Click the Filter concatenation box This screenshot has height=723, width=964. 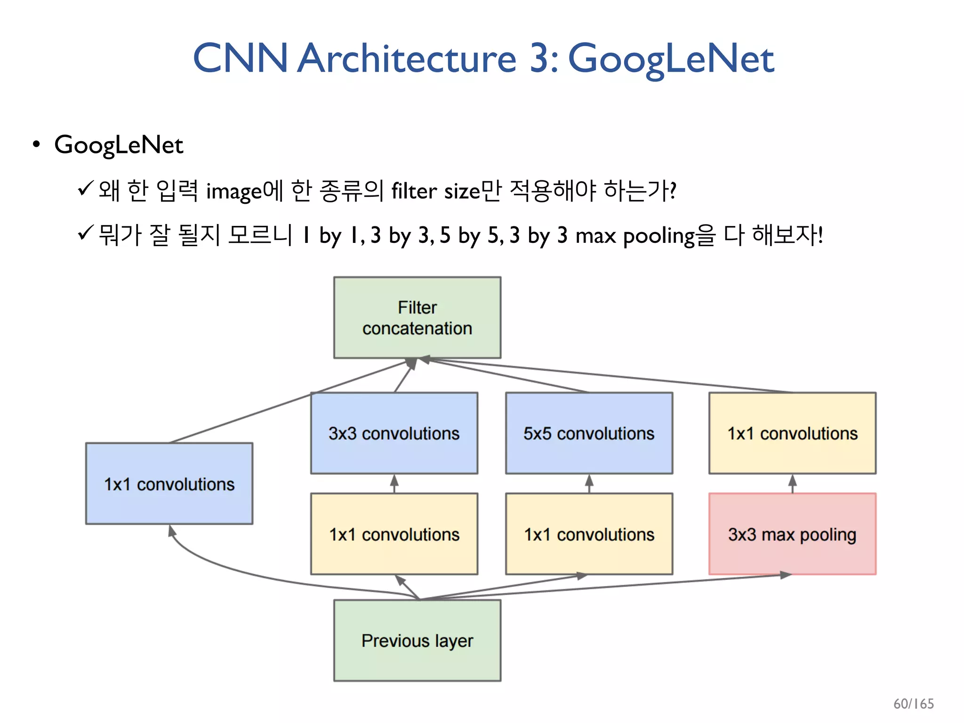(x=417, y=318)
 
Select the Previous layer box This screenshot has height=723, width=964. (x=417, y=640)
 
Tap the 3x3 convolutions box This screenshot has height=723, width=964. (x=394, y=433)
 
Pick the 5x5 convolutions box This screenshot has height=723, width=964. (x=589, y=433)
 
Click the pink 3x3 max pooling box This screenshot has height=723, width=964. (x=792, y=534)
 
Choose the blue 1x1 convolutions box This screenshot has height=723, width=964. (x=169, y=483)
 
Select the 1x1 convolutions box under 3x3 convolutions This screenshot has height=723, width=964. (x=394, y=534)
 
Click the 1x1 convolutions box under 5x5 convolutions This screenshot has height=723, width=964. (x=589, y=534)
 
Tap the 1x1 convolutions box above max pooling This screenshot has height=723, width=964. (x=792, y=433)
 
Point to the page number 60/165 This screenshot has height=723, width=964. (x=913, y=704)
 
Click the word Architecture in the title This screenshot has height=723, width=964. (x=407, y=58)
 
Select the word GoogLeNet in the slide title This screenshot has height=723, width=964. (x=671, y=58)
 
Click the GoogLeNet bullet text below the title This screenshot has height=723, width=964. (x=119, y=145)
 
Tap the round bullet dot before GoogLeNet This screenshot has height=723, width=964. (x=36, y=144)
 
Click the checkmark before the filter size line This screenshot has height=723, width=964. (x=86, y=189)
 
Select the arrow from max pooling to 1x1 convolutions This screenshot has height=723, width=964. (x=792, y=483)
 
